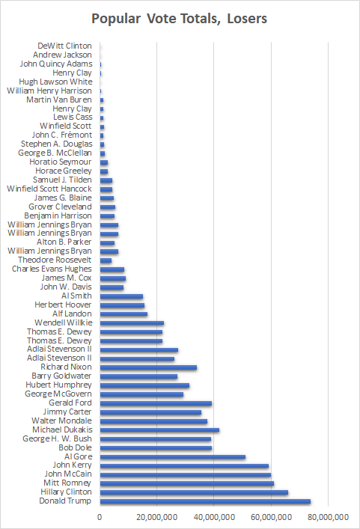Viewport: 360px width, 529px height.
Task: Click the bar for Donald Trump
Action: (205, 501)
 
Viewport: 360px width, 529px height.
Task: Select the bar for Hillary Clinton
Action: (194, 492)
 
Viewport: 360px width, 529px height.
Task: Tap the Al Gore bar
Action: (173, 457)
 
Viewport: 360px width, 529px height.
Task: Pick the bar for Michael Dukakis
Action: (159, 429)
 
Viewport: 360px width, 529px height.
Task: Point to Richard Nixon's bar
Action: (148, 367)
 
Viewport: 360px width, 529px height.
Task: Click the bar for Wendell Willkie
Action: (132, 323)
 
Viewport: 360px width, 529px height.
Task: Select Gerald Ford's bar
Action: (156, 403)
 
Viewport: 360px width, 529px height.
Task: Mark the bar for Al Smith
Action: (121, 296)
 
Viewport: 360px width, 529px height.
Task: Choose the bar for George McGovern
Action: (141, 394)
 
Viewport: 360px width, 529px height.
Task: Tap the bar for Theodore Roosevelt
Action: (106, 260)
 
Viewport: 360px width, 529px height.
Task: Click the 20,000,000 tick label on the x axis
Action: (157, 517)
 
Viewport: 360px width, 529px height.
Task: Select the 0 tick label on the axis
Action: (100, 517)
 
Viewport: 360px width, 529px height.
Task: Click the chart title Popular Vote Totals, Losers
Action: (180, 19)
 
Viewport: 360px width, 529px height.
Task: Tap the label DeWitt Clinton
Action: (64, 46)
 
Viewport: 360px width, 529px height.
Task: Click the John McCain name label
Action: (68, 474)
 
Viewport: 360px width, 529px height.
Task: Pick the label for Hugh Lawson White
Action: (55, 82)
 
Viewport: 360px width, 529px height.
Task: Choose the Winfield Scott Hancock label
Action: (49, 189)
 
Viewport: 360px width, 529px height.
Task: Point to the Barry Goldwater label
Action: (61, 376)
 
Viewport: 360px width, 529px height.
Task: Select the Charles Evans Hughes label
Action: (52, 269)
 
